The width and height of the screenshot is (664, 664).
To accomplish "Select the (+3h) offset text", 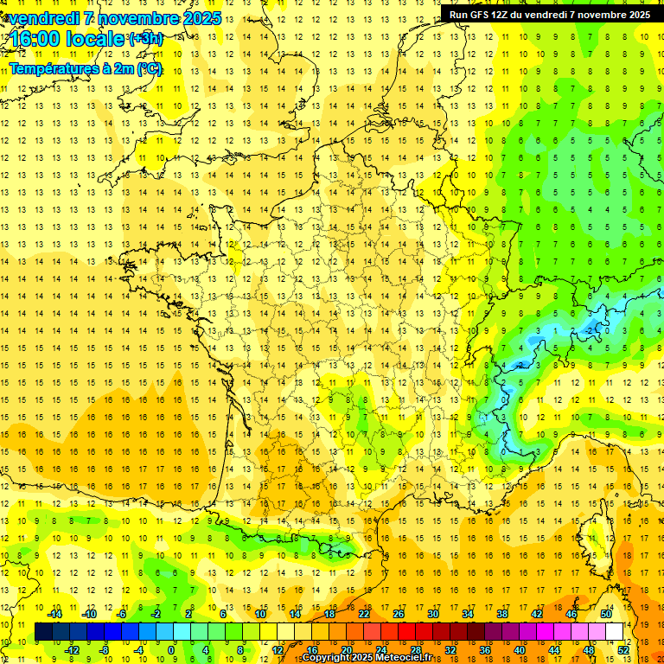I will tap(144, 39).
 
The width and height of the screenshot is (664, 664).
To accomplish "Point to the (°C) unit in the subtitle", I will tap(147, 67).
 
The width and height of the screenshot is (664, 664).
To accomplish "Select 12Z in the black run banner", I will tap(501, 15).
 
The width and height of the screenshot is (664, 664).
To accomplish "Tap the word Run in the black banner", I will tap(459, 15).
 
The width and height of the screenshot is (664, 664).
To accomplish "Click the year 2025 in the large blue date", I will tap(199, 18).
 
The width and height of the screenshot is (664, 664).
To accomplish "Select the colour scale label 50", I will tap(606, 614).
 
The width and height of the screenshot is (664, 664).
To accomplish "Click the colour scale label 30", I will tap(433, 614).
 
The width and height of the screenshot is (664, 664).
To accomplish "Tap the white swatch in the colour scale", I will tap(615, 632).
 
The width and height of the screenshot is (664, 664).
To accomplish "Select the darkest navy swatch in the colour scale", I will tap(43, 632).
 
